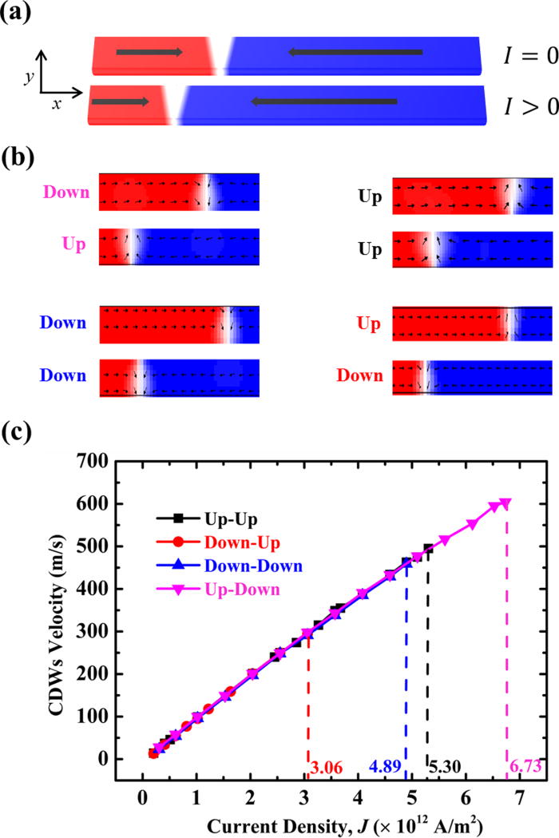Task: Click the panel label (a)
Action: (x=17, y=14)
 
